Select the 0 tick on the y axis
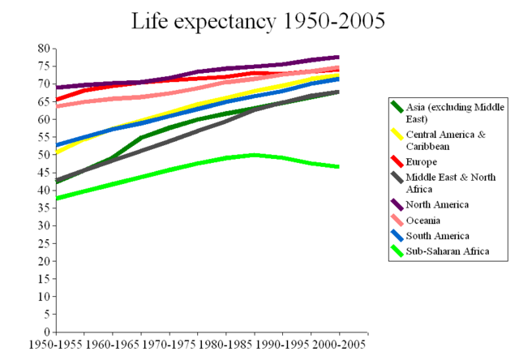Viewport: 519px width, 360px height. coord(47,332)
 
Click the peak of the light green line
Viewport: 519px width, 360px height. coord(254,154)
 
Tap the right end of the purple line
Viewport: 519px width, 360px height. coord(339,57)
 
